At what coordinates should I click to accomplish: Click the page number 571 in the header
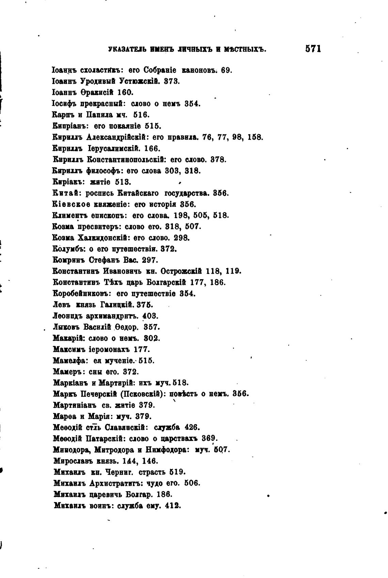pos(313,49)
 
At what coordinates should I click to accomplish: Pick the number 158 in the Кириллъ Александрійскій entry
pos(255,137)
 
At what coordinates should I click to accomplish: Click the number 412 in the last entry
pos(172,506)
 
